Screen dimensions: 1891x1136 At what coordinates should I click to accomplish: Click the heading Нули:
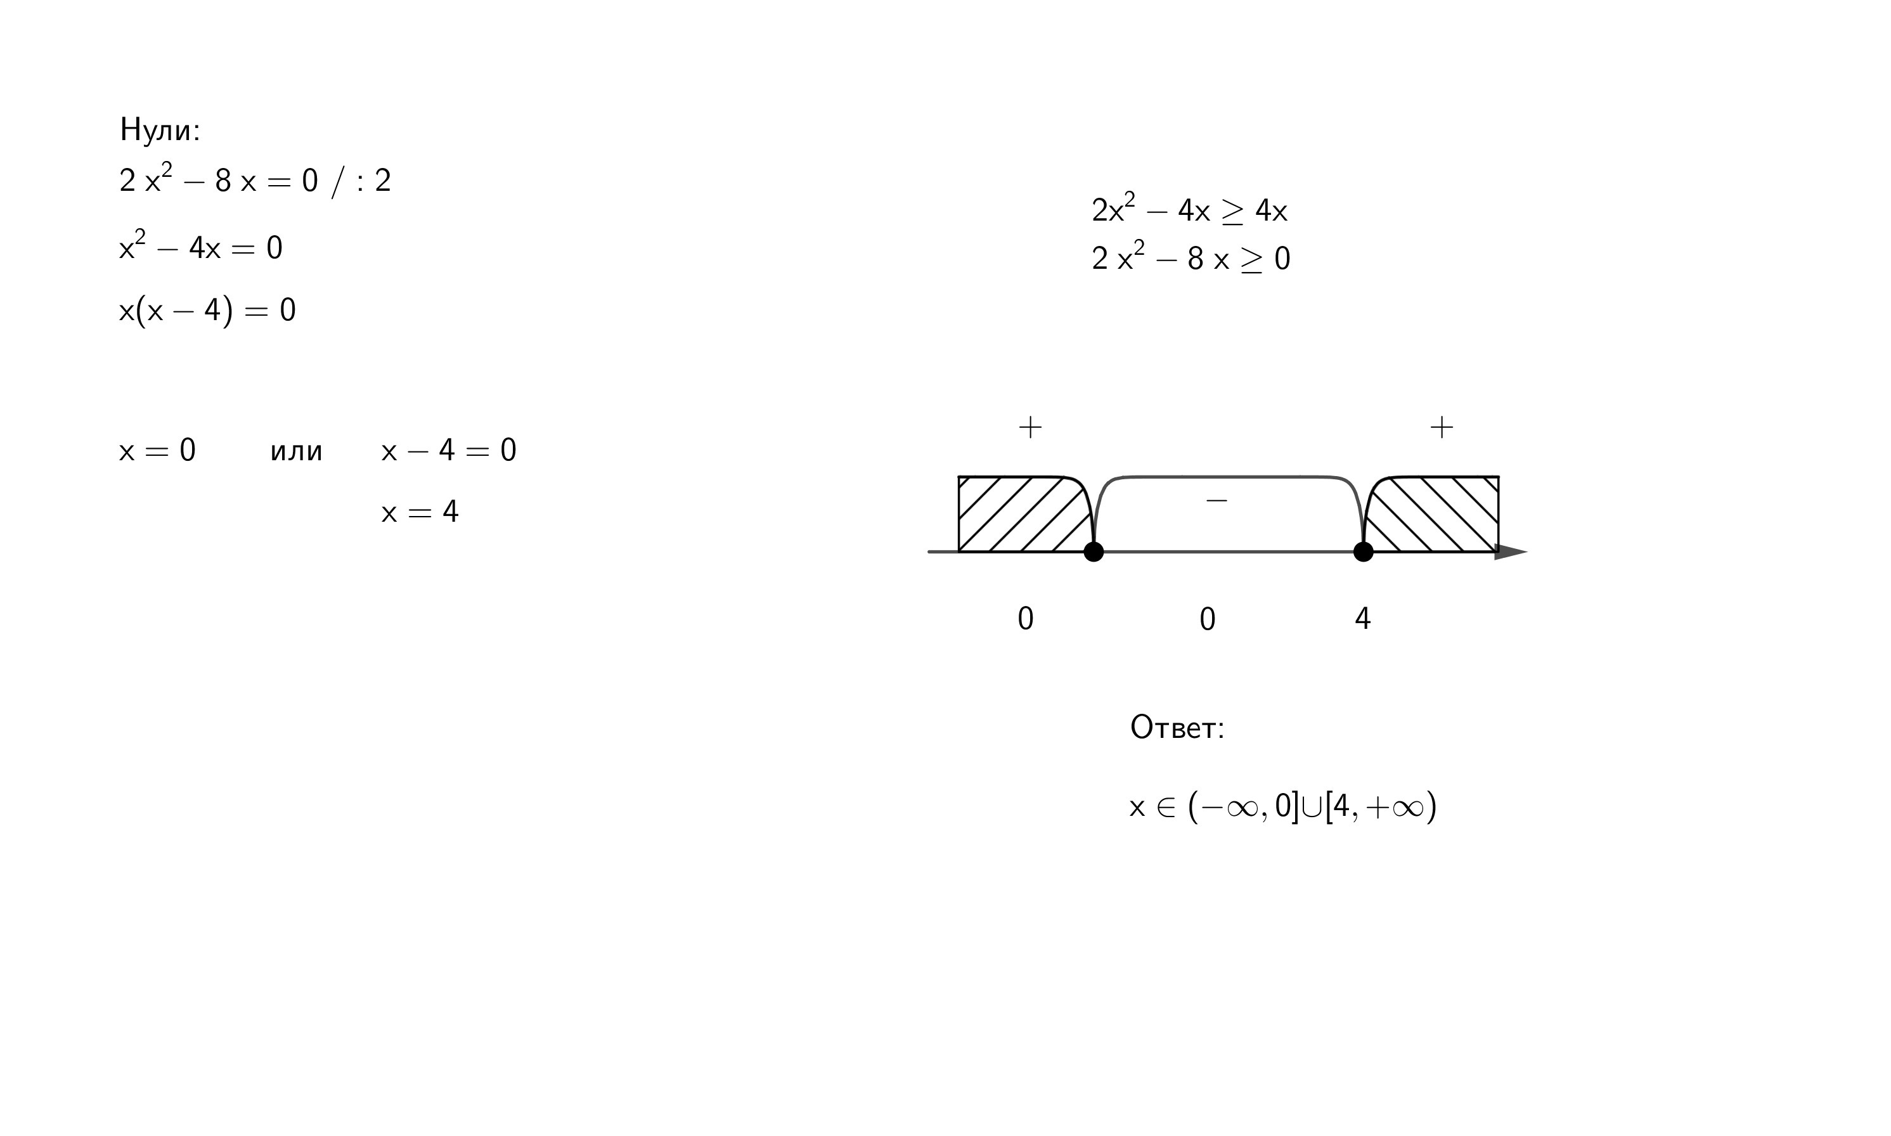[160, 129]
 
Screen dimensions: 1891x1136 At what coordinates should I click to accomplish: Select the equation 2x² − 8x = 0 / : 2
[255, 181]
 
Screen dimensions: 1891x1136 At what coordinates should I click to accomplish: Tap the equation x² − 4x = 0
[200, 247]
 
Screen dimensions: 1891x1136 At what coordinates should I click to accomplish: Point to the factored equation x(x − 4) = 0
[207, 310]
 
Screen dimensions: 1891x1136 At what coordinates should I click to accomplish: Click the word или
[296, 451]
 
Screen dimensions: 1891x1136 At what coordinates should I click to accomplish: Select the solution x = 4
[420, 512]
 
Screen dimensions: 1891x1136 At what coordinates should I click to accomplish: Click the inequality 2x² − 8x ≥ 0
[1191, 258]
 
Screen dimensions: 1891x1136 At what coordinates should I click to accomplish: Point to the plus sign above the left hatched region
[1030, 427]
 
